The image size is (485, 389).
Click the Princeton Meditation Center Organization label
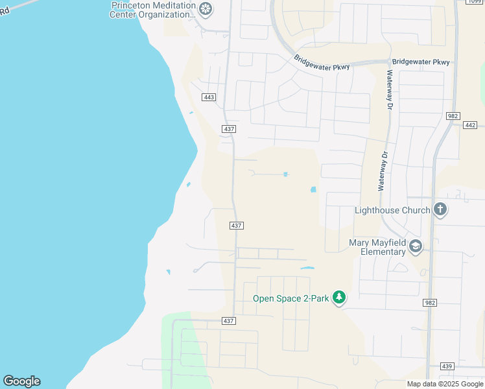[153, 10]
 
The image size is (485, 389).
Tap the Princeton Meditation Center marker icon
[206, 10]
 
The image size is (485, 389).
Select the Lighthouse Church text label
[392, 210]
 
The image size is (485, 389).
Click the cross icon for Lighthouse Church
[440, 209]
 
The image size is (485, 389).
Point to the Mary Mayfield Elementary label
[377, 247]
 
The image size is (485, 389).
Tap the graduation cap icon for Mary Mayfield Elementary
[416, 246]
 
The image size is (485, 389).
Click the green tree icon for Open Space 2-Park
[338, 298]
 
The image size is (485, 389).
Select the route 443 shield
[209, 97]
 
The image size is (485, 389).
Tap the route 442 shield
[470, 124]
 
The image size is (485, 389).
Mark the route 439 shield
[446, 366]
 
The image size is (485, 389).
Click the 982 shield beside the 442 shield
[453, 116]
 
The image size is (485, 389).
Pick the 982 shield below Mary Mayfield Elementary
[429, 303]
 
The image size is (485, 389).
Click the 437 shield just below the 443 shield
[229, 129]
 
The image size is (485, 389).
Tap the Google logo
[21, 381]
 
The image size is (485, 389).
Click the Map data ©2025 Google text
[445, 384]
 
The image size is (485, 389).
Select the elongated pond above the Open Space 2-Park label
[307, 268]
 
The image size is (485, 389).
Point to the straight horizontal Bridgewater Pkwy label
[421, 62]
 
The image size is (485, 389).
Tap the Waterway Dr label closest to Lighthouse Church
[383, 171]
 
